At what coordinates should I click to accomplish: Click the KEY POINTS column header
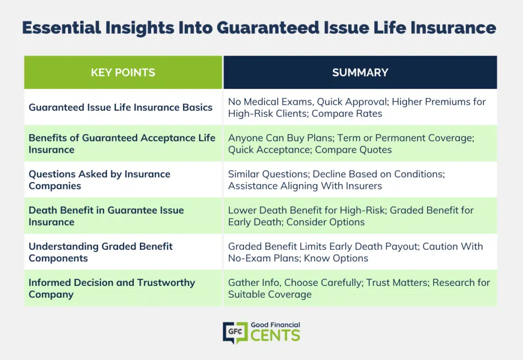pyautogui.click(x=123, y=73)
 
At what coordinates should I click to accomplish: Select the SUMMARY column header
pyautogui.click(x=360, y=73)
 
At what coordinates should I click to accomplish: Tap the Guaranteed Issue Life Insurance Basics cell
pyautogui.click(x=123, y=107)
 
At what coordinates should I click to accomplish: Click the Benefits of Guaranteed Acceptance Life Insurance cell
pyautogui.click(x=123, y=143)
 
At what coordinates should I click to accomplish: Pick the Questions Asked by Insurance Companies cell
pyautogui.click(x=123, y=180)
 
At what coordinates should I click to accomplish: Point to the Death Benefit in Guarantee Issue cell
pyautogui.click(x=123, y=216)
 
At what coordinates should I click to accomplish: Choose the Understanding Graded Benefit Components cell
pyautogui.click(x=123, y=252)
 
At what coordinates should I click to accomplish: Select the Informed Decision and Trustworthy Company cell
pyautogui.click(x=123, y=289)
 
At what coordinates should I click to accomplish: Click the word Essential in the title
pyautogui.click(x=61, y=28)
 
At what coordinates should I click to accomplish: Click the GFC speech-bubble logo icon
pyautogui.click(x=235, y=332)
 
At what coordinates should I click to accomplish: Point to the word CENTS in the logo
pyautogui.click(x=275, y=335)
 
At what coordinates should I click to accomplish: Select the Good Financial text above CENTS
pyautogui.click(x=275, y=325)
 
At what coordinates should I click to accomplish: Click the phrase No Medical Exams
pyautogui.click(x=271, y=102)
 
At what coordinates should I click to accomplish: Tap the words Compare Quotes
pyautogui.click(x=353, y=150)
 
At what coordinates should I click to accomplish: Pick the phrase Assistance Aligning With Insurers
pyautogui.click(x=305, y=186)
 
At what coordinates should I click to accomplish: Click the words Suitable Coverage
pyautogui.click(x=270, y=294)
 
